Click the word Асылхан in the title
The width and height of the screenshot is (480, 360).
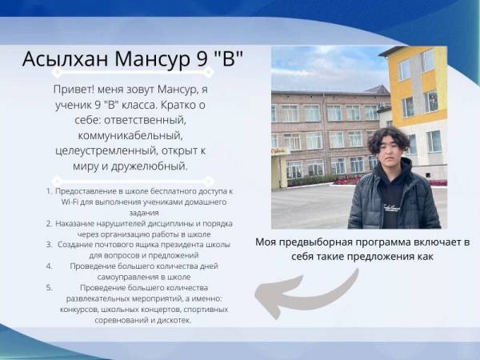pyautogui.click(x=66, y=58)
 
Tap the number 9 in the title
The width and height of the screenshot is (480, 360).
pyautogui.click(x=202, y=58)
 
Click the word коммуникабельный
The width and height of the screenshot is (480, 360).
pyautogui.click(x=130, y=136)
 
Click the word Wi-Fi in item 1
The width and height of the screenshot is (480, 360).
pyautogui.click(x=69, y=202)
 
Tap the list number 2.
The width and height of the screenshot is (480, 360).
pyautogui.click(x=50, y=223)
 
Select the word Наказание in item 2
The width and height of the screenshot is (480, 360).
pyautogui.click(x=75, y=224)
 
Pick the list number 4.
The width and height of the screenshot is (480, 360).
pyautogui.click(x=50, y=266)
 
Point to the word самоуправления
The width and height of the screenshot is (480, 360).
pyautogui.click(x=128, y=278)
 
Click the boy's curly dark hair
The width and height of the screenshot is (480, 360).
pyautogui.click(x=389, y=138)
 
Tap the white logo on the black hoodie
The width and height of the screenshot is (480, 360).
pyautogui.click(x=391, y=207)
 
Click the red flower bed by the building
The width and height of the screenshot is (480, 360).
pyautogui.click(x=347, y=180)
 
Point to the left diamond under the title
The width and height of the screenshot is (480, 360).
pyautogui.click(x=57, y=73)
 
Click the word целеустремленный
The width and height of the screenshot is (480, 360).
pyautogui.click(x=106, y=151)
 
